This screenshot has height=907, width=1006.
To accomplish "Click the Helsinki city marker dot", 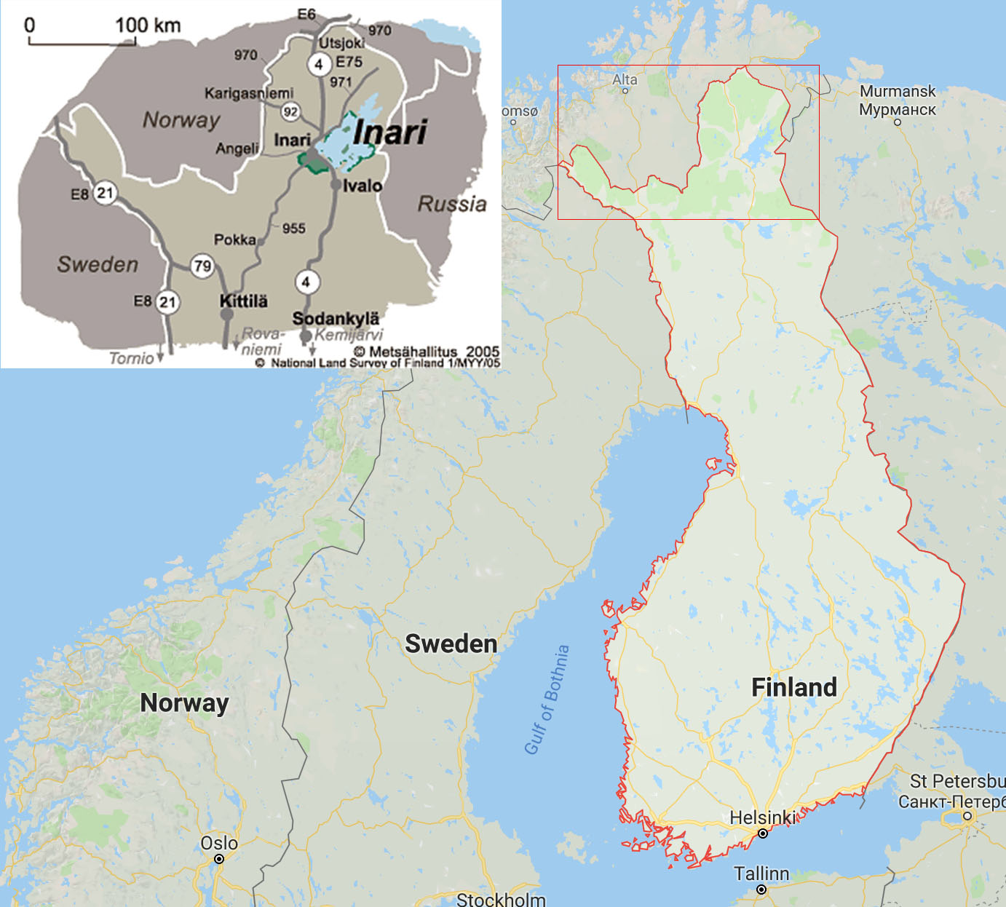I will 763,833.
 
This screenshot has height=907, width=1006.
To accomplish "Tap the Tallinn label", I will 761,874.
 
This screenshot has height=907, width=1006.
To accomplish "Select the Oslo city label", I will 219,843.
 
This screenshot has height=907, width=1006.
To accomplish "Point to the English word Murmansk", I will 898,91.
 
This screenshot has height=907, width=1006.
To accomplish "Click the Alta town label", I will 625,79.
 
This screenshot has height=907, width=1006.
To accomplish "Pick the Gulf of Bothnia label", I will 547,700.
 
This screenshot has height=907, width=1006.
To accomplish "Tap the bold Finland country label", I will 793,687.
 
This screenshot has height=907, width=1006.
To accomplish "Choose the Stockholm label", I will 501,900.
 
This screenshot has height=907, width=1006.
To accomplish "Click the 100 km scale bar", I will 82,42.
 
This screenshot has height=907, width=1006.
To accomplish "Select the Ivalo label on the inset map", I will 362,186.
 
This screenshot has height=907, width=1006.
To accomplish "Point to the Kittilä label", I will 244,301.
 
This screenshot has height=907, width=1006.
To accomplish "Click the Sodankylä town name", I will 336,318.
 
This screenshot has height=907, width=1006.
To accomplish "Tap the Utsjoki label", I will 341,43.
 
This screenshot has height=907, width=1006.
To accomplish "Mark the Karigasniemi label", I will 249,93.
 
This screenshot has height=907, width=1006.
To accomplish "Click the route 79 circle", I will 202,266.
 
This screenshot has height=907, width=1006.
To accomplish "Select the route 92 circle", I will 290,111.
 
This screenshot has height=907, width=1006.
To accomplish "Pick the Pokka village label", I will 234,239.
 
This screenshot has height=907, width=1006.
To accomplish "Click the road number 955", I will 293,229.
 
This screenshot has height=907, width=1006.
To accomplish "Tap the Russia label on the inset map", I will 452,204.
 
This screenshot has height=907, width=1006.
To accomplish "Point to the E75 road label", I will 349,62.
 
